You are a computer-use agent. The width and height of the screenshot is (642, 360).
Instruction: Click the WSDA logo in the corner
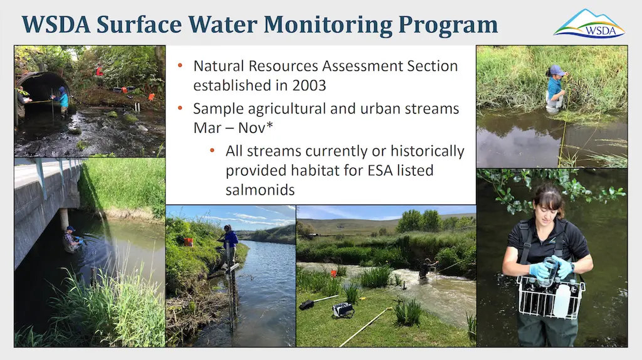click(x=589, y=24)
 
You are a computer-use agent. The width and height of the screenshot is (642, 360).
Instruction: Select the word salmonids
click(x=260, y=189)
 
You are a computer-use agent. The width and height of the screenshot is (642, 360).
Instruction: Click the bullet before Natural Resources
click(x=181, y=66)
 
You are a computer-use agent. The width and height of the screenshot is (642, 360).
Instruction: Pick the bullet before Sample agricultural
click(x=181, y=109)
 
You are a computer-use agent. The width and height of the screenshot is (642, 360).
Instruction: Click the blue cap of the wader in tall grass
click(x=556, y=70)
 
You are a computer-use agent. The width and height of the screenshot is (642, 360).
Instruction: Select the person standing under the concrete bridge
click(x=71, y=239)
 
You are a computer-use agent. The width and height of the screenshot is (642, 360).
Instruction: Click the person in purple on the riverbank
click(x=229, y=242)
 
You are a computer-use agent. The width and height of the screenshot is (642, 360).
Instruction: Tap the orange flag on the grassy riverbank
click(x=187, y=241)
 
